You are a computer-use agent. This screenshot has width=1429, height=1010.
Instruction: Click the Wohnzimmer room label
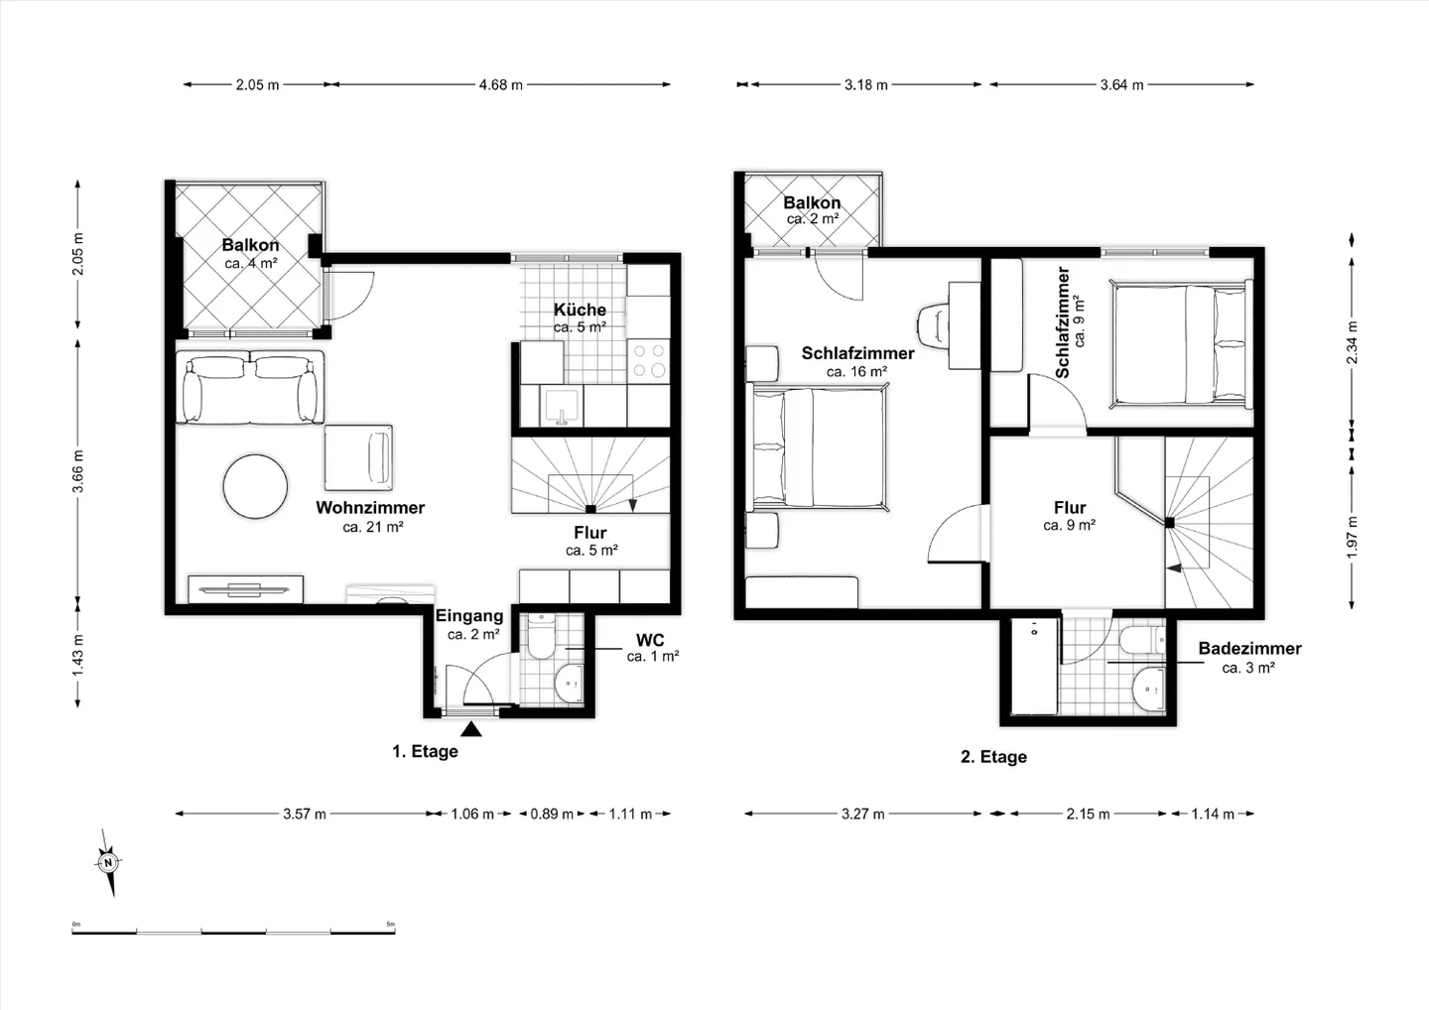pos(370,508)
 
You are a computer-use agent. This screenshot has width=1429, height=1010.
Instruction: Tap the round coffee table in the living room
pos(255,486)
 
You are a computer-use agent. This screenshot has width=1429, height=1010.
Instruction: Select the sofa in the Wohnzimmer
pos(250,387)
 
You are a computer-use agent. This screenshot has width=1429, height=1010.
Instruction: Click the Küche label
pos(580,310)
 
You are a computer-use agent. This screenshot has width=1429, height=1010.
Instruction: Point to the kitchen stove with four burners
pos(649,361)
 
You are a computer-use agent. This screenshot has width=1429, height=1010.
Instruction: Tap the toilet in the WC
pos(542,638)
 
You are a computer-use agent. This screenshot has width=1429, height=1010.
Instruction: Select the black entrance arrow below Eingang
pos(472,730)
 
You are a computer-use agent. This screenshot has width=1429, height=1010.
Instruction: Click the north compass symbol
pos(108,861)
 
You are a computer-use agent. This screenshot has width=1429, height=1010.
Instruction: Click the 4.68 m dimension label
pos(500,85)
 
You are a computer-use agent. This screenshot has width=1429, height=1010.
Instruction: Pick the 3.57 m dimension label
pos(305,814)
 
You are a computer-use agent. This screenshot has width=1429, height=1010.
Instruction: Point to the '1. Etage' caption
pos(425,752)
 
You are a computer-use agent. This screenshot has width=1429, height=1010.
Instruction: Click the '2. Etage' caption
pos(993,757)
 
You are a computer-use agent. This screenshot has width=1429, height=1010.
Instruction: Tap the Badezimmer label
pos(1249,649)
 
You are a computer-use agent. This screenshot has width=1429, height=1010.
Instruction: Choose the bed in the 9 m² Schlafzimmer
pos(1181,344)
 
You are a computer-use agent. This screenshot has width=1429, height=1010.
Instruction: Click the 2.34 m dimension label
pos(1352,343)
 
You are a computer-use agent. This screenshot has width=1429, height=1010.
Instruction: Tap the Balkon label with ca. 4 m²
pos(250,245)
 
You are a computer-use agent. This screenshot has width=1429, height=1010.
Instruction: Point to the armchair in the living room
pos(358,456)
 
